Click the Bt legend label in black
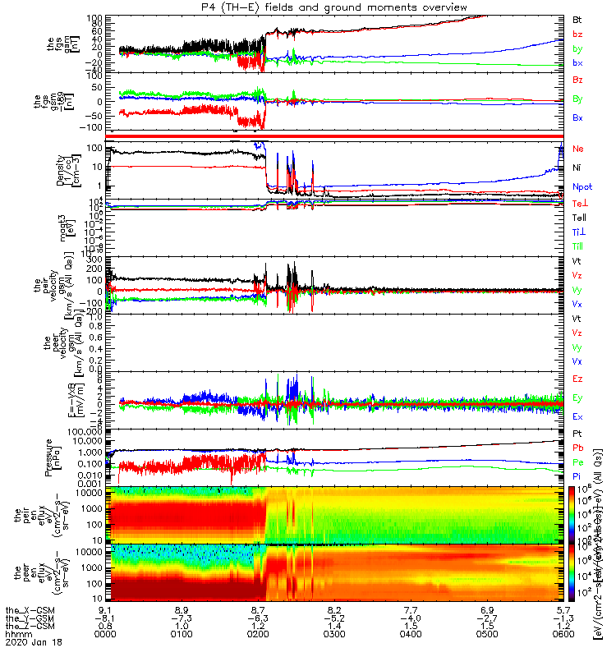(x=577, y=18)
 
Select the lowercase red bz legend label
(x=577, y=34)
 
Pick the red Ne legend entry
(x=577, y=149)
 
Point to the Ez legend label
(x=577, y=379)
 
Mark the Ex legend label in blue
(x=577, y=416)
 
